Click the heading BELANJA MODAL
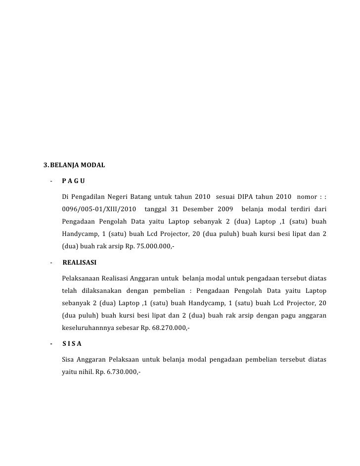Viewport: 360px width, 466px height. [77, 164]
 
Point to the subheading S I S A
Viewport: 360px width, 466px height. [72, 343]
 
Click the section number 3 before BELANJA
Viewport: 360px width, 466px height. [45, 164]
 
